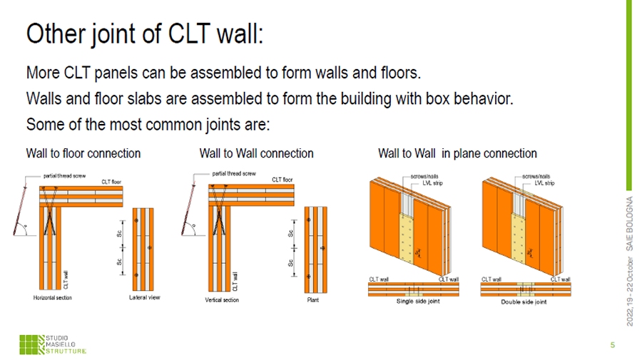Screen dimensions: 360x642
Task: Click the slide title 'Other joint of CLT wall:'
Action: click(x=144, y=34)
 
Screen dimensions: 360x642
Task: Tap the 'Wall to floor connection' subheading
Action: click(x=83, y=153)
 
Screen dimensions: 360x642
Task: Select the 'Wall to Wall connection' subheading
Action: click(x=256, y=153)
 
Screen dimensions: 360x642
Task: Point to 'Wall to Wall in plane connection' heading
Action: click(x=457, y=153)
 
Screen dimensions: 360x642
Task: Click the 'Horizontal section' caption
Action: click(x=53, y=297)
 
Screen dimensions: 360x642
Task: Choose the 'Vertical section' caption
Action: click(x=222, y=300)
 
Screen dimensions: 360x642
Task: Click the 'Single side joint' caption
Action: click(x=419, y=302)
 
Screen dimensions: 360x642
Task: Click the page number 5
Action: click(x=612, y=345)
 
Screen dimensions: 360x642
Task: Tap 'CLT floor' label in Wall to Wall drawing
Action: click(x=283, y=180)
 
